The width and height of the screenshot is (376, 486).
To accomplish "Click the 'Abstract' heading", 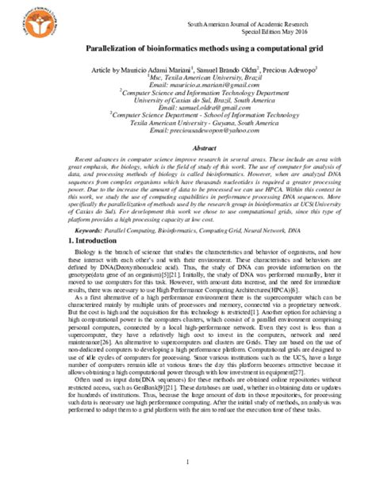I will click(188, 147).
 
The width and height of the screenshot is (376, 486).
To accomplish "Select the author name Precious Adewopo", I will click(287, 70).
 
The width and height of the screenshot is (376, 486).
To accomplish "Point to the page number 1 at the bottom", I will click(188, 461).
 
